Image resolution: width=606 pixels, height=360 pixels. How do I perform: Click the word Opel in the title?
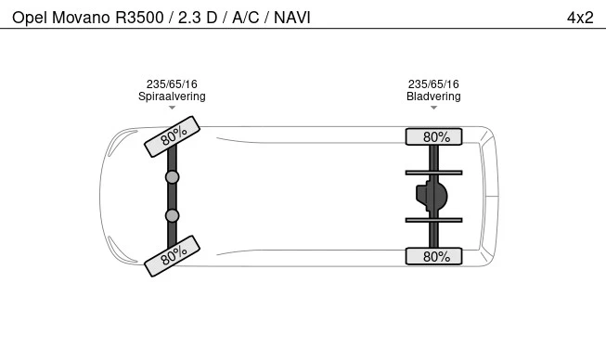click(30, 18)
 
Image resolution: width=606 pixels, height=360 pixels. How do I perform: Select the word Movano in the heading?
click(81, 18)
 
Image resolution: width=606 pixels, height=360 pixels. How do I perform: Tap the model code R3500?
click(139, 18)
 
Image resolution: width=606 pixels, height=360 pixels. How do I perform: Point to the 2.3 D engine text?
click(198, 18)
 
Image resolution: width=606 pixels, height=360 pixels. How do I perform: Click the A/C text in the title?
click(245, 18)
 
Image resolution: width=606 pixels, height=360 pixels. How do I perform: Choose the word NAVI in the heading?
click(292, 18)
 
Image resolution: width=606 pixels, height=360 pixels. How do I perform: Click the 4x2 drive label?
click(580, 18)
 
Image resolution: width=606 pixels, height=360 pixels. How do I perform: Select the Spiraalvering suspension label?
click(172, 96)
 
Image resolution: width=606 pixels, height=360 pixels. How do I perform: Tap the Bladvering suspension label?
click(433, 96)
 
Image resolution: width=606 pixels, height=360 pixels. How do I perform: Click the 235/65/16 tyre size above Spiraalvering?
click(172, 84)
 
